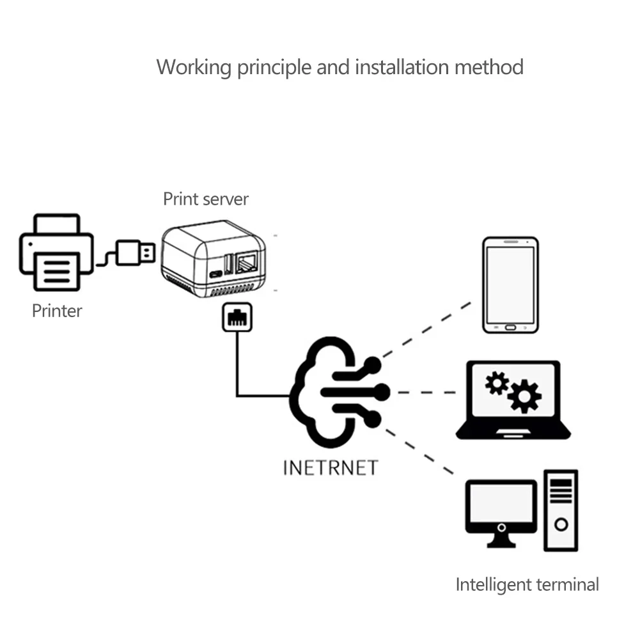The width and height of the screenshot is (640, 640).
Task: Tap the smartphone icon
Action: point(510,285)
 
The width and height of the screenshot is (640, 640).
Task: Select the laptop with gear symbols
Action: point(513,400)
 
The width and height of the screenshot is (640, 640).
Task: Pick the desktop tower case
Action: point(561,510)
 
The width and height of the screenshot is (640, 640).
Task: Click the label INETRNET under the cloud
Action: point(331,467)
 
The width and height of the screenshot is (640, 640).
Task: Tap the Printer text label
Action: point(57,311)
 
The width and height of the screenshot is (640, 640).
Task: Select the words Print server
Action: point(205,199)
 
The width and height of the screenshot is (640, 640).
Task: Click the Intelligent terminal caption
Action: point(527,584)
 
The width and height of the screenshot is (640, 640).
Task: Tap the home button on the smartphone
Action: point(510,327)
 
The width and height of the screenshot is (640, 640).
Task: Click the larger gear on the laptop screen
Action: point(524,396)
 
